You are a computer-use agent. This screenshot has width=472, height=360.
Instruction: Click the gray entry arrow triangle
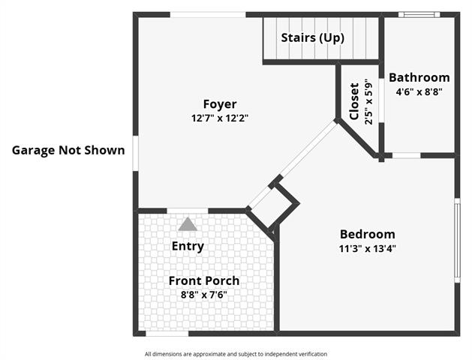(x=188, y=224)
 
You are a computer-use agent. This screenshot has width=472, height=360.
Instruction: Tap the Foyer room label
(x=220, y=104)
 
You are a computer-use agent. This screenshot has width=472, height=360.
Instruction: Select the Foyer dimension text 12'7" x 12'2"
(x=220, y=118)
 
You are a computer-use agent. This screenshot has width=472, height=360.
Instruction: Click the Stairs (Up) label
(x=312, y=38)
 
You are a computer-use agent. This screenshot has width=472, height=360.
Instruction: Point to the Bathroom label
(x=419, y=77)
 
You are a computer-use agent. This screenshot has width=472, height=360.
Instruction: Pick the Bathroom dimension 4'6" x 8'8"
(x=419, y=91)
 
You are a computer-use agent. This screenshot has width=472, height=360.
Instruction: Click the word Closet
(x=354, y=101)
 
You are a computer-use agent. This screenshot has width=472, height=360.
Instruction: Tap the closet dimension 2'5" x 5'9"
(x=368, y=102)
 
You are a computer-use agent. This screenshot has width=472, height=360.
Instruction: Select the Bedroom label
(x=368, y=234)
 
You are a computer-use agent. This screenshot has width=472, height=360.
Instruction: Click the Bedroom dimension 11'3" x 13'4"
(x=368, y=249)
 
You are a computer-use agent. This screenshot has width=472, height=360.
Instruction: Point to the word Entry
(x=188, y=246)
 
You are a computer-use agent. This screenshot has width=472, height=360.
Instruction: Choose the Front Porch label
(x=204, y=281)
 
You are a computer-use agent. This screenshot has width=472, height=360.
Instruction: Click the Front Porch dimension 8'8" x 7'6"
(x=204, y=295)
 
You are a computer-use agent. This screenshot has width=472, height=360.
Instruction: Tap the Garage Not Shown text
(x=68, y=151)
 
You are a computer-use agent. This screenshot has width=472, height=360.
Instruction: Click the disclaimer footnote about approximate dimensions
(x=236, y=354)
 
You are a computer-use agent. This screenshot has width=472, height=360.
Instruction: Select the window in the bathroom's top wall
(x=419, y=14)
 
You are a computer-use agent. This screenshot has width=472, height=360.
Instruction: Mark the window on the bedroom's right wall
(x=457, y=240)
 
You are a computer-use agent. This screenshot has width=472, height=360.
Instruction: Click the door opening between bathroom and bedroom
(x=407, y=155)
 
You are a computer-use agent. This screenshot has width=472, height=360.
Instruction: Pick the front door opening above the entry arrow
(x=188, y=211)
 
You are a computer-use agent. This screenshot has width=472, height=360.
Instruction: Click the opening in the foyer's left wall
(x=136, y=154)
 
